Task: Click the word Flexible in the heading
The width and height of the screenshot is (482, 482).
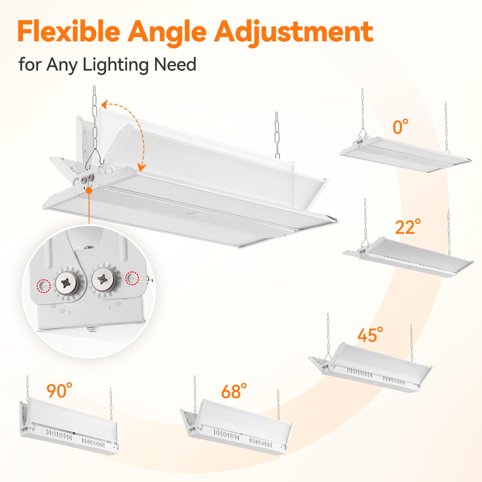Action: pos(69,32)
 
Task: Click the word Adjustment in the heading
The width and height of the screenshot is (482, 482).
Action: pos(294,32)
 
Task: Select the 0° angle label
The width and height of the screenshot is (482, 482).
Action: pos(400,127)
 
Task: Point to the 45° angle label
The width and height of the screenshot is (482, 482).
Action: pos(370,335)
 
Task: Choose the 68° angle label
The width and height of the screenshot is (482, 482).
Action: pos(234,391)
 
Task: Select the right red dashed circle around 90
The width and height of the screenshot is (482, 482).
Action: pos(133,278)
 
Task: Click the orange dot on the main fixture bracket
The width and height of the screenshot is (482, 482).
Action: pos(89,190)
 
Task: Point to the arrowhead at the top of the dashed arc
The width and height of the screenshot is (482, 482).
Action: pos(104,105)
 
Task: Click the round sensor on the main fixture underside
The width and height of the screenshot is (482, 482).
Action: pos(192,215)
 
